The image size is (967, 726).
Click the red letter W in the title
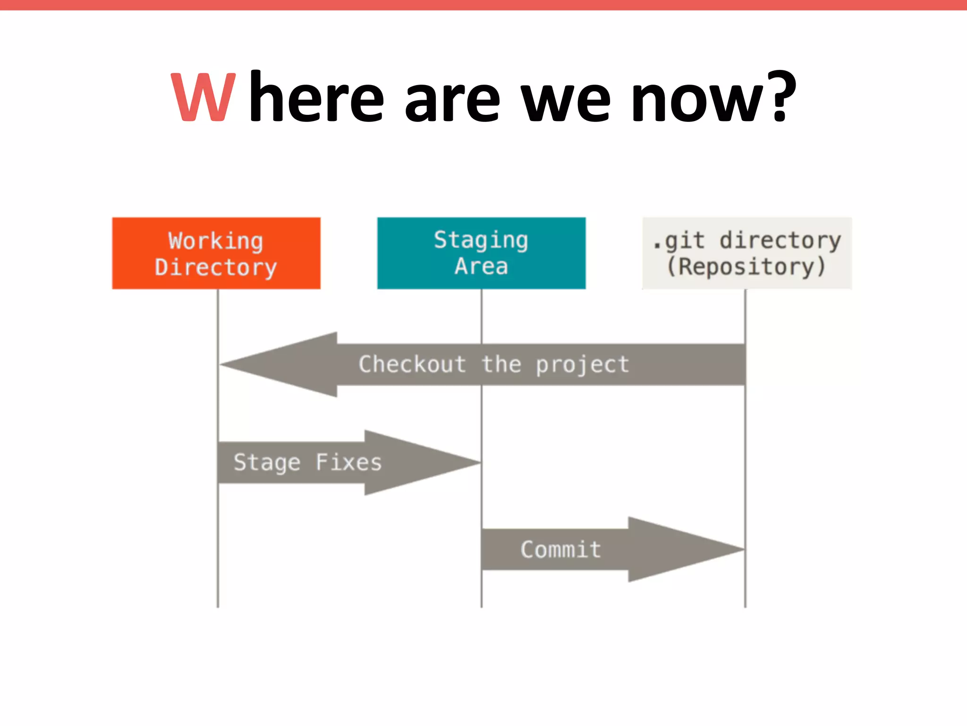[x=203, y=98]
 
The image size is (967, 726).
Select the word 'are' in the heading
[x=452, y=102]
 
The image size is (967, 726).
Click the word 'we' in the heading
[x=566, y=102]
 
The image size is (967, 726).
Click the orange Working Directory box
[x=216, y=253]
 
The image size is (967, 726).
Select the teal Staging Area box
[x=481, y=253]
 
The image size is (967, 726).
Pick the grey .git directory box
[x=746, y=253]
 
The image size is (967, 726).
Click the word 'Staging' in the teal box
[x=481, y=241]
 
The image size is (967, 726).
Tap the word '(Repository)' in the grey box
[x=746, y=267]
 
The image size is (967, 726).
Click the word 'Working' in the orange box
[x=216, y=241]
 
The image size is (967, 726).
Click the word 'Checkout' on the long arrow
[x=412, y=364]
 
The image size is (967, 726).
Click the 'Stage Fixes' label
[x=307, y=463]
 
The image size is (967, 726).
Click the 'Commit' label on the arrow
[x=560, y=550]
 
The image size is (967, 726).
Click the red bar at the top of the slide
[x=483, y=5]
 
